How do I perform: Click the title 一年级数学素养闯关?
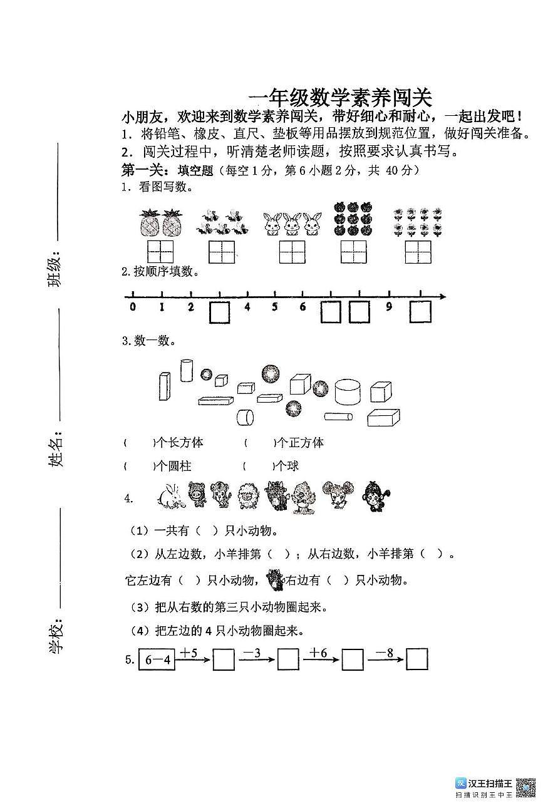(340, 98)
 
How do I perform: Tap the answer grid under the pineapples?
(160, 251)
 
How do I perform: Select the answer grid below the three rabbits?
(292, 251)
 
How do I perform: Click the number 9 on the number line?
(389, 307)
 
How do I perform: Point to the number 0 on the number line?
(133, 307)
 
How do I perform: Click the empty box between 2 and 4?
(219, 312)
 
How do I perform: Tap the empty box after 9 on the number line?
(420, 312)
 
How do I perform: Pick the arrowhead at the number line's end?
(443, 296)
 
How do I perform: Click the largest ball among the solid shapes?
(271, 373)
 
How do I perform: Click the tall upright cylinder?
(186, 370)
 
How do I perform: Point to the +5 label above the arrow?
(189, 653)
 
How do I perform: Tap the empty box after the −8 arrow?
(416, 659)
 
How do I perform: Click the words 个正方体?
(301, 443)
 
